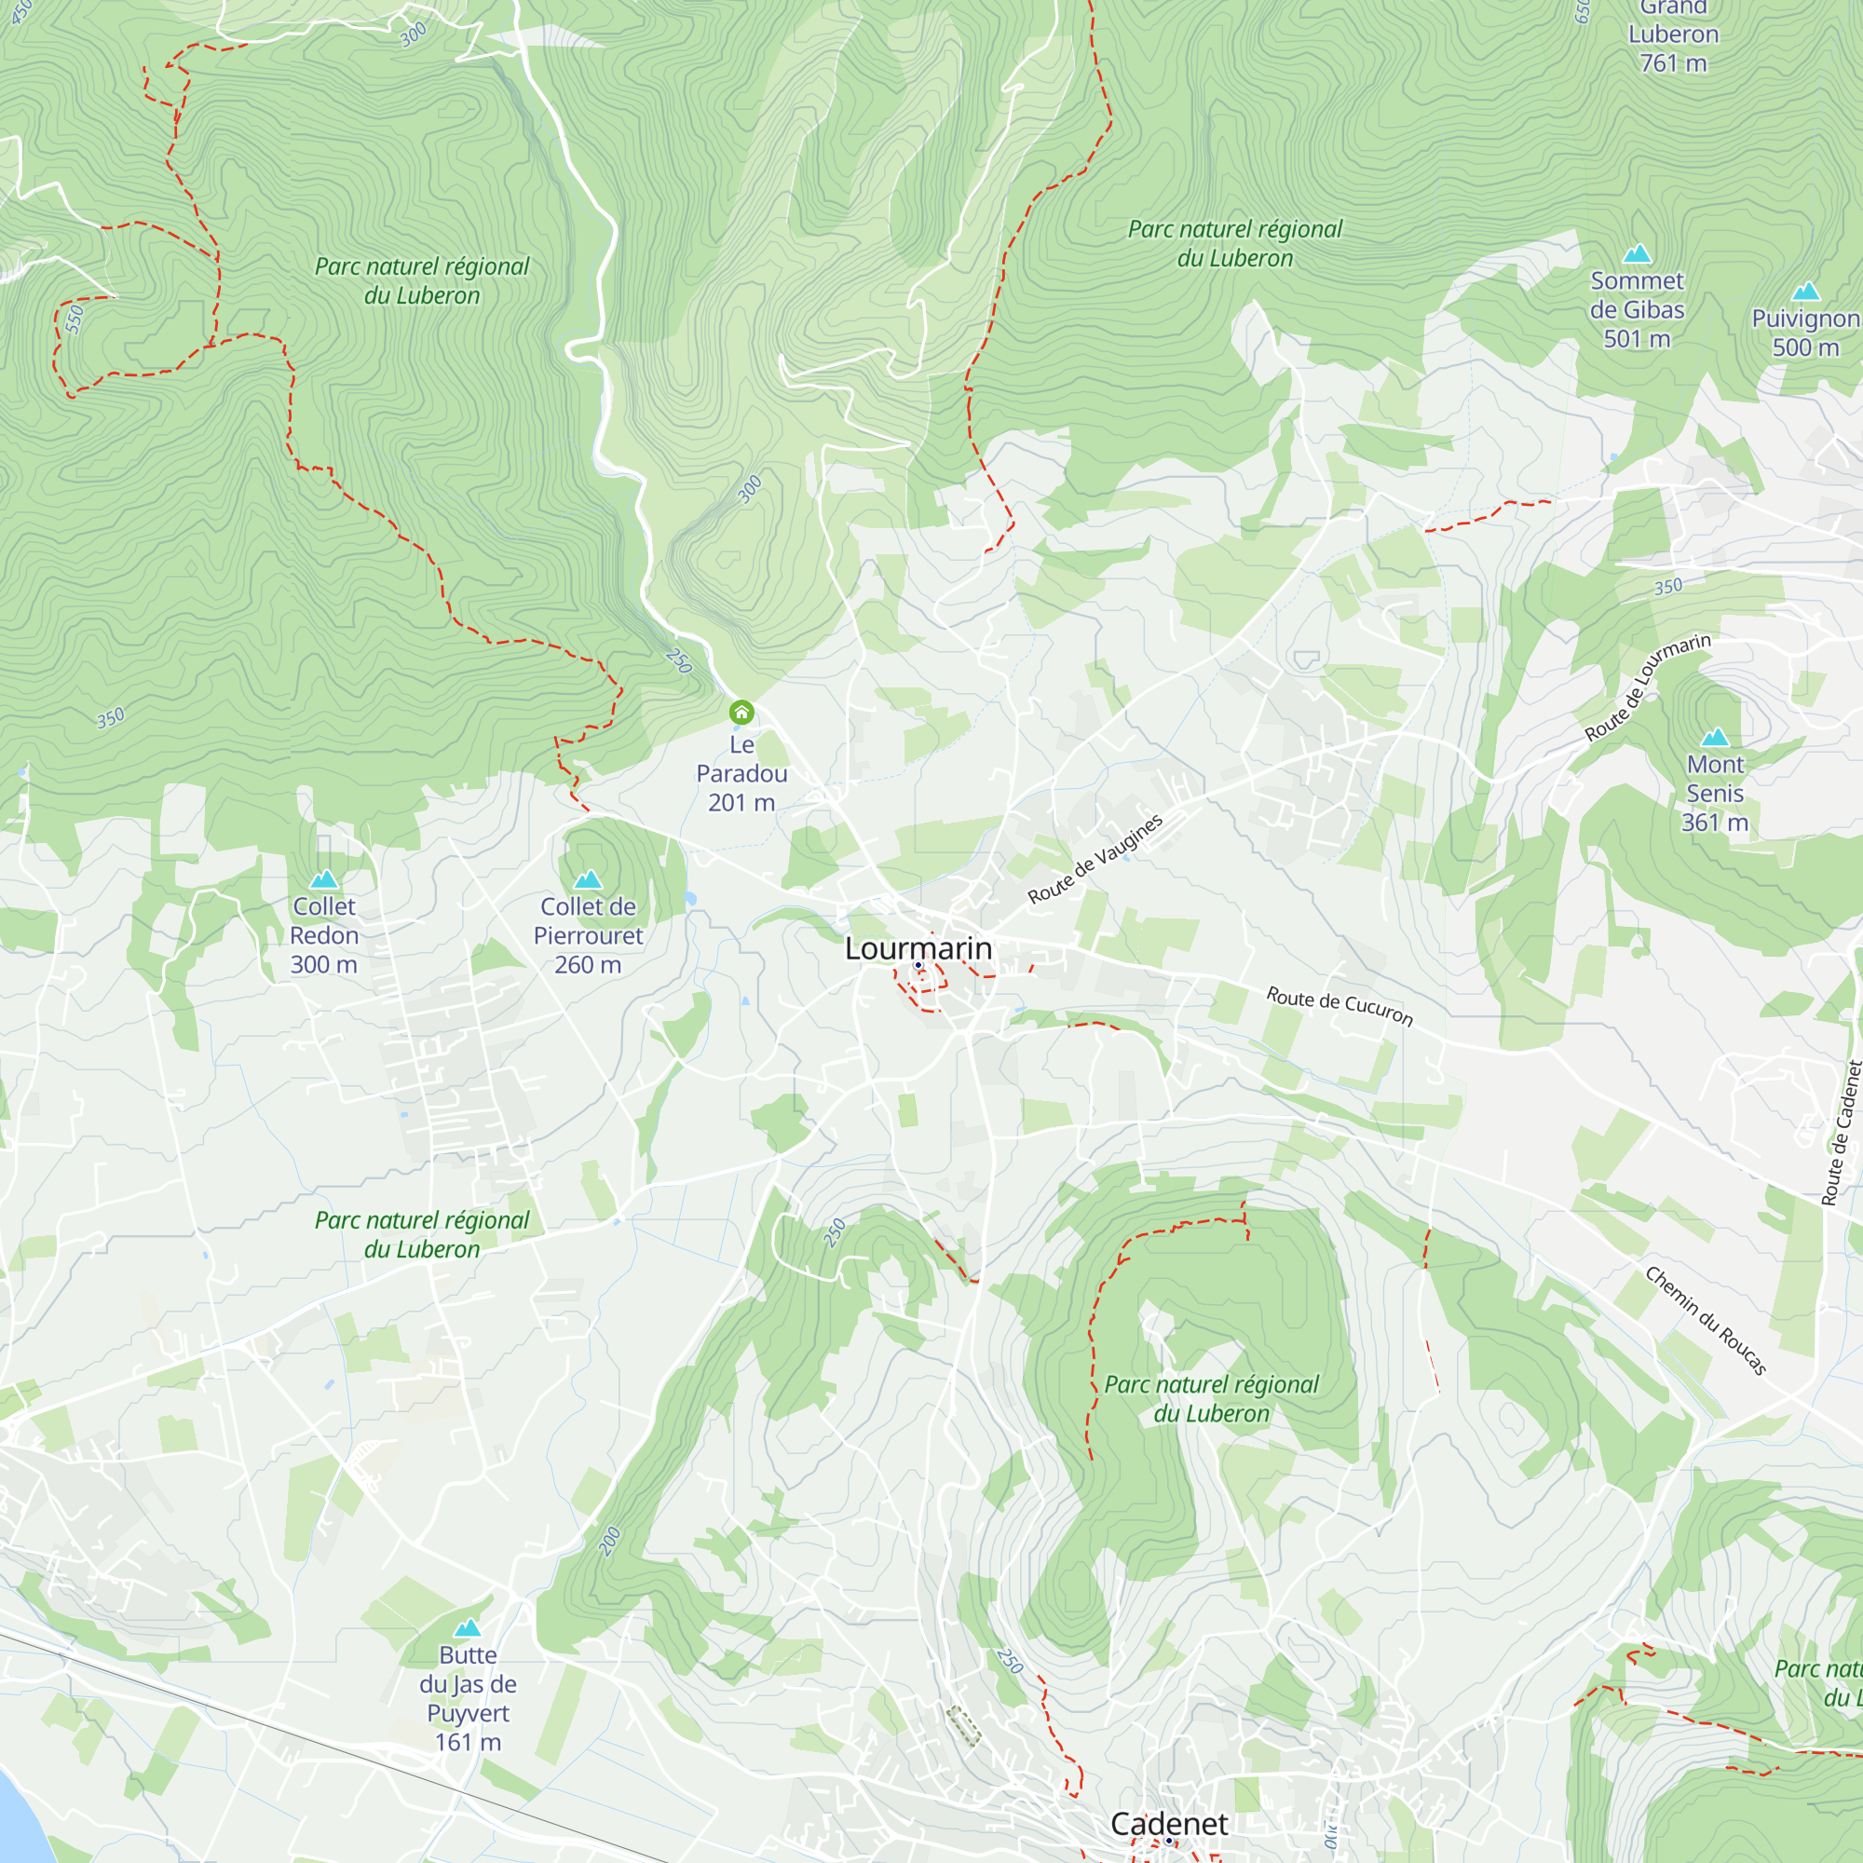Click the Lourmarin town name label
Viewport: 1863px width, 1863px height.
click(x=918, y=949)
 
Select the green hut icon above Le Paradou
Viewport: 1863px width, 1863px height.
click(x=741, y=713)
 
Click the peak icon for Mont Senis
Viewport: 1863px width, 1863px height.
click(x=1715, y=738)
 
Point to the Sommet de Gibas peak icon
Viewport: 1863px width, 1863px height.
click(x=1637, y=253)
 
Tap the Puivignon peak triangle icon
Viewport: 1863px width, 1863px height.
click(x=1805, y=292)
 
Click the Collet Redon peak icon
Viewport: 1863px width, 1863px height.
click(x=324, y=879)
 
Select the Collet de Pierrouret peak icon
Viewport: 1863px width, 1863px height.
click(x=587, y=879)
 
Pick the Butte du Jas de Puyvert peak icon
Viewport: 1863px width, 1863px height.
click(x=468, y=1627)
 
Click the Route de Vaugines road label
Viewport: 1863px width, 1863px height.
click(x=1095, y=859)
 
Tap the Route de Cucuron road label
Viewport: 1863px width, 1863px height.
click(x=1339, y=1007)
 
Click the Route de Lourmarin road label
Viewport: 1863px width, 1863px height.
click(x=1648, y=687)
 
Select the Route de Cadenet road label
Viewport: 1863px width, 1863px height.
click(x=1840, y=1134)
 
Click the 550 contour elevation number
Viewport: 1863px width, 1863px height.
click(x=75, y=319)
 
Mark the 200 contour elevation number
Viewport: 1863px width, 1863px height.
click(x=609, y=1541)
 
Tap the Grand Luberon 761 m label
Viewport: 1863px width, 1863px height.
click(x=1673, y=35)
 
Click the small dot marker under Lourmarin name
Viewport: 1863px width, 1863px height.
click(x=918, y=965)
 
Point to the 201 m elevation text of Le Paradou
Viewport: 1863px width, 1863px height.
click(x=741, y=802)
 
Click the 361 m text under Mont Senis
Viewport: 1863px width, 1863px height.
click(x=1715, y=823)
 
